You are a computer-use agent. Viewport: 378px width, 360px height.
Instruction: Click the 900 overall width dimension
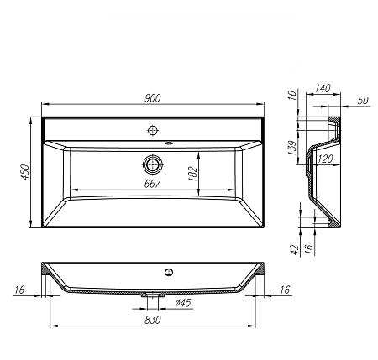click(x=152, y=98)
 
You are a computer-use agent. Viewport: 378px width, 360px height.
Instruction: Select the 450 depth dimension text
click(x=26, y=171)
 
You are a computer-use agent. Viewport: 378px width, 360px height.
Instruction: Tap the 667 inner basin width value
click(x=152, y=184)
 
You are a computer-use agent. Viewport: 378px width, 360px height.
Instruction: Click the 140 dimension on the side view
click(x=323, y=88)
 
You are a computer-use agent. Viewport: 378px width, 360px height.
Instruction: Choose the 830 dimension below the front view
click(x=152, y=320)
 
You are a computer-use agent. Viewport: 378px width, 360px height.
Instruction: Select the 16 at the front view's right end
click(x=284, y=290)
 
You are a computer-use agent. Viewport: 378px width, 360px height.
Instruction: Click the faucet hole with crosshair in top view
click(x=153, y=130)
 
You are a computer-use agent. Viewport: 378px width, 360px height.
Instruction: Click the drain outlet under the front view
click(x=153, y=295)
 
